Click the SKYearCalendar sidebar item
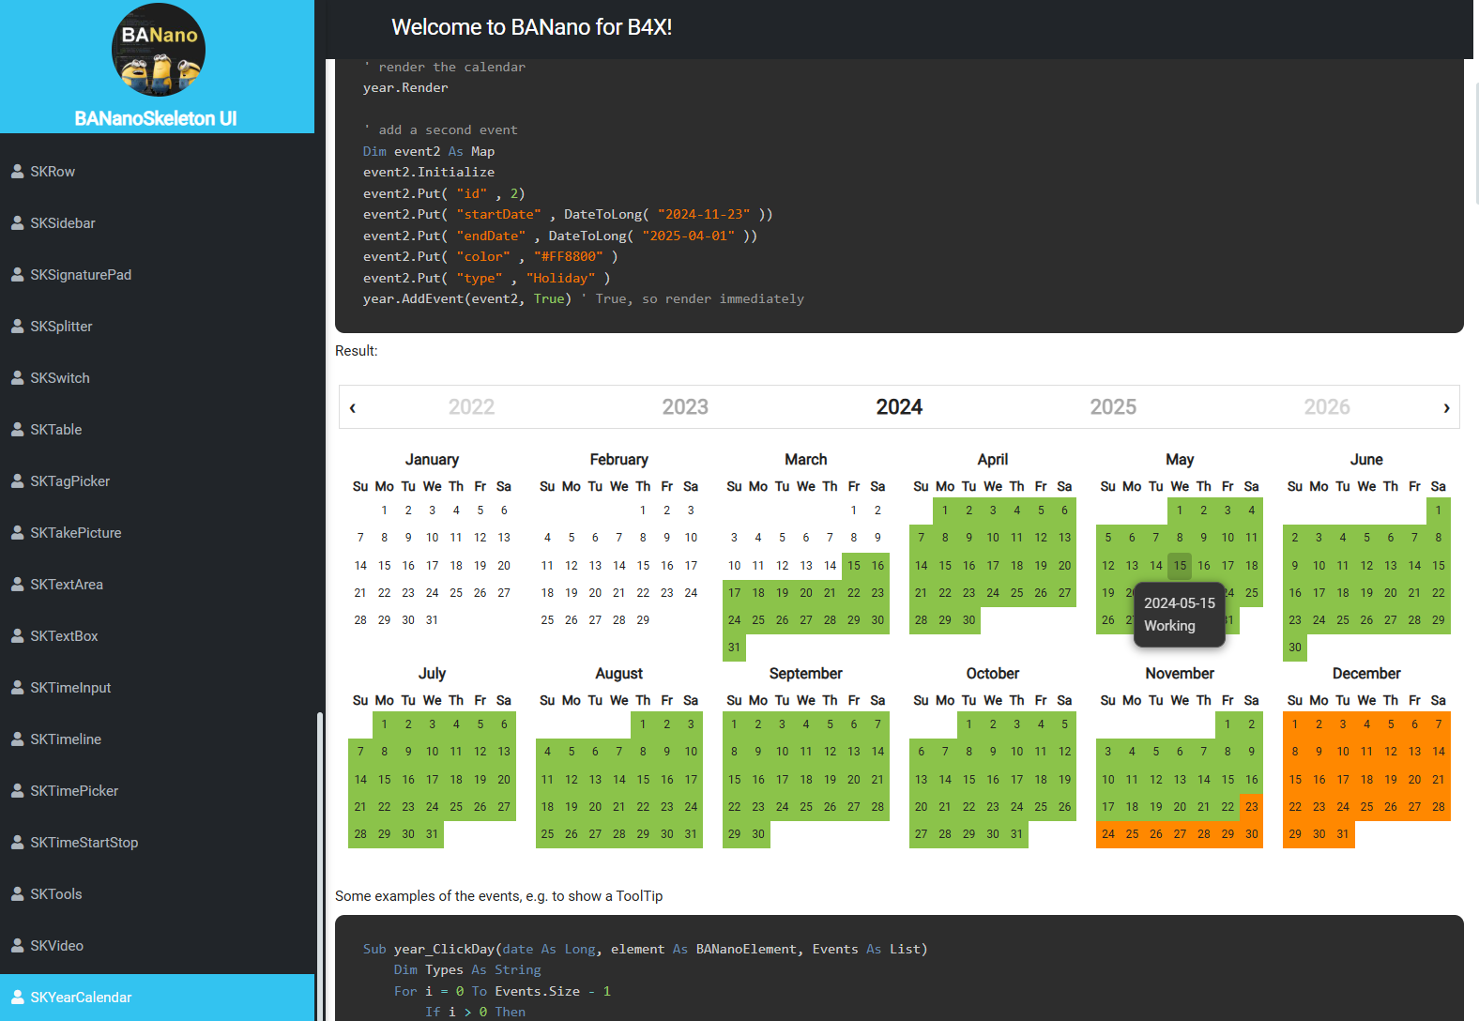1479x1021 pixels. (x=81, y=998)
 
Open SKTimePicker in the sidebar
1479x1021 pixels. (x=74, y=791)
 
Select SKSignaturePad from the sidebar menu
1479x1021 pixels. (x=81, y=275)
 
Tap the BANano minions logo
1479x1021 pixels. (x=158, y=51)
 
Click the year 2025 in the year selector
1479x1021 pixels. (x=1113, y=407)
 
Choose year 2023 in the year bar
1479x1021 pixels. (x=685, y=407)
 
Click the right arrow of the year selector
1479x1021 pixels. (x=1446, y=407)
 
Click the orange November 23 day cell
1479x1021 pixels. (x=1251, y=807)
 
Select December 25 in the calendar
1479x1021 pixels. (x=1366, y=807)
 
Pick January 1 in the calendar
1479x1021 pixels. (x=384, y=510)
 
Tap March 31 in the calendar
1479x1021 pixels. (x=734, y=648)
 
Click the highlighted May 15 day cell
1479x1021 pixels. (x=1180, y=566)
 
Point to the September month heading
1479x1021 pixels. (x=805, y=674)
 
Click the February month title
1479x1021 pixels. (x=618, y=460)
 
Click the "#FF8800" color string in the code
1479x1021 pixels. (x=569, y=257)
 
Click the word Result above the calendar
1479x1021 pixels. (x=356, y=351)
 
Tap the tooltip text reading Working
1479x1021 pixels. (x=1169, y=626)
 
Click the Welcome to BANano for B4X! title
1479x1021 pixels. (x=531, y=28)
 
